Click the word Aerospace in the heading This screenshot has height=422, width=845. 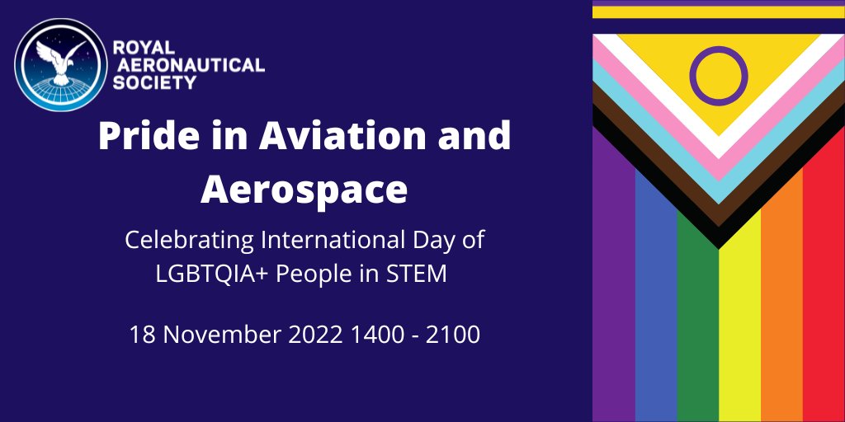304,190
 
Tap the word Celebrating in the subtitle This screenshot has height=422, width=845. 189,241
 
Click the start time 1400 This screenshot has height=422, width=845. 379,335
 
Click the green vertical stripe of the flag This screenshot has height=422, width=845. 697,330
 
